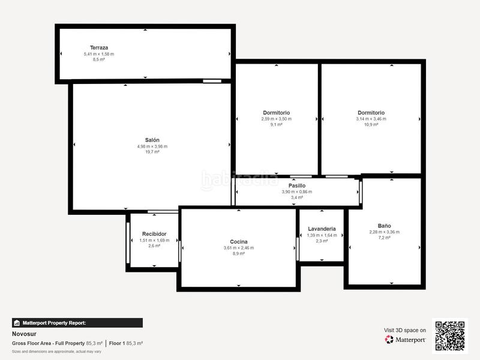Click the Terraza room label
[98, 47]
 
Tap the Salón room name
[152, 140]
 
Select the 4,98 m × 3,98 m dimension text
[152, 146]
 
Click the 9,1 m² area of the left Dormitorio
[276, 125]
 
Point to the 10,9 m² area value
[371, 125]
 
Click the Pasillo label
[297, 185]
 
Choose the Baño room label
[384, 226]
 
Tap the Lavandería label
[322, 229]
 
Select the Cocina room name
[238, 242]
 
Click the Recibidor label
[154, 234]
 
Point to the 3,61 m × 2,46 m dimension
[238, 248]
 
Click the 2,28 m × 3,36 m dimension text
[384, 232]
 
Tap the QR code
[449, 335]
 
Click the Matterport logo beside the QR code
[406, 340]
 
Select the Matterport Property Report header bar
[77, 323]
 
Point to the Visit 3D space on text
[404, 330]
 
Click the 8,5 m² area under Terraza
[98, 59]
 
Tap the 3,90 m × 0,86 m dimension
[297, 191]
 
